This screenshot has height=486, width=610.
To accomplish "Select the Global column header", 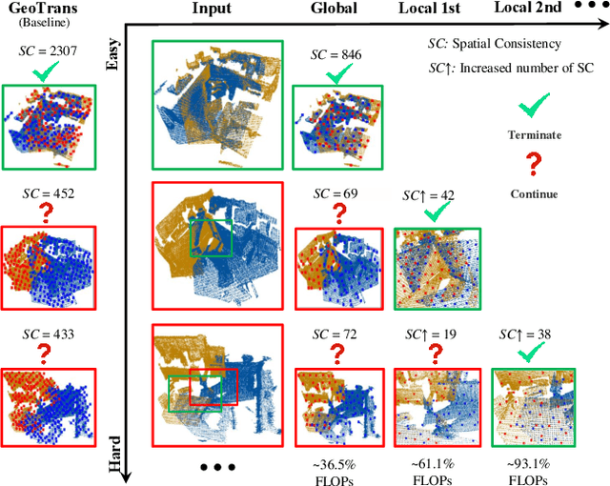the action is point(334,10).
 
